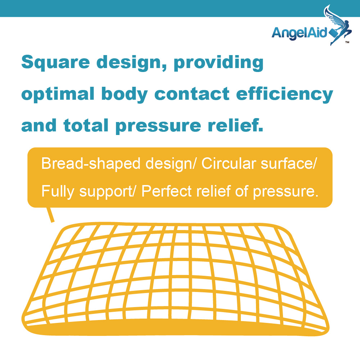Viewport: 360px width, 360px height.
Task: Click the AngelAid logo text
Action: point(300,33)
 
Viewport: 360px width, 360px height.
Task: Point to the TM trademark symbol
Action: point(347,42)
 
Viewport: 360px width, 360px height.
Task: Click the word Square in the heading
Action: point(55,63)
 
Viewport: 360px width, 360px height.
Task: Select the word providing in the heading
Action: point(219,63)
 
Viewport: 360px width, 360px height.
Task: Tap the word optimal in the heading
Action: point(58,94)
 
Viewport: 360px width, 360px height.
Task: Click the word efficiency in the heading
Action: point(285,94)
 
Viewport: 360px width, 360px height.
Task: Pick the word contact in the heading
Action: point(192,94)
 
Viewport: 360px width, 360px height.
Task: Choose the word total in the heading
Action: point(86,125)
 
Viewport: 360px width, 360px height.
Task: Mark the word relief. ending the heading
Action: point(235,125)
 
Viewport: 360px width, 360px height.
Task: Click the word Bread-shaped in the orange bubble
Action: point(91,164)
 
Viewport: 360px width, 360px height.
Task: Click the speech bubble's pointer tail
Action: point(50,215)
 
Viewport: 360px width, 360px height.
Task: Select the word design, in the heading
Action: point(131,63)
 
